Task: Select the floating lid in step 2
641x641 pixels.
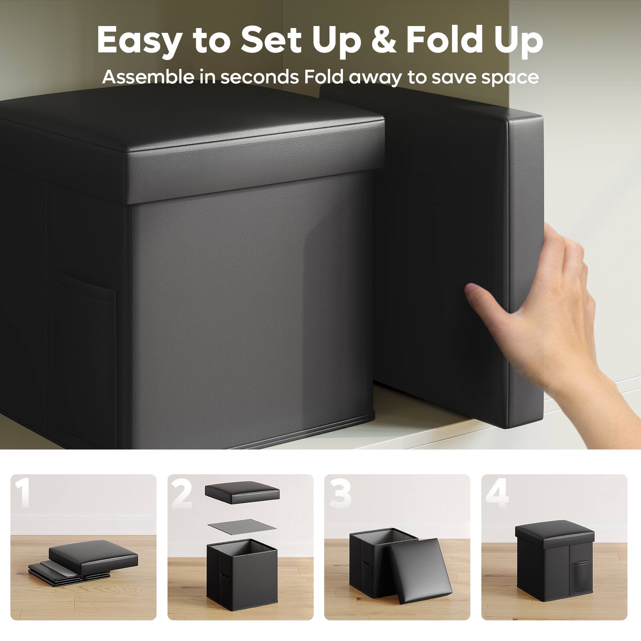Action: pyautogui.click(x=242, y=494)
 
